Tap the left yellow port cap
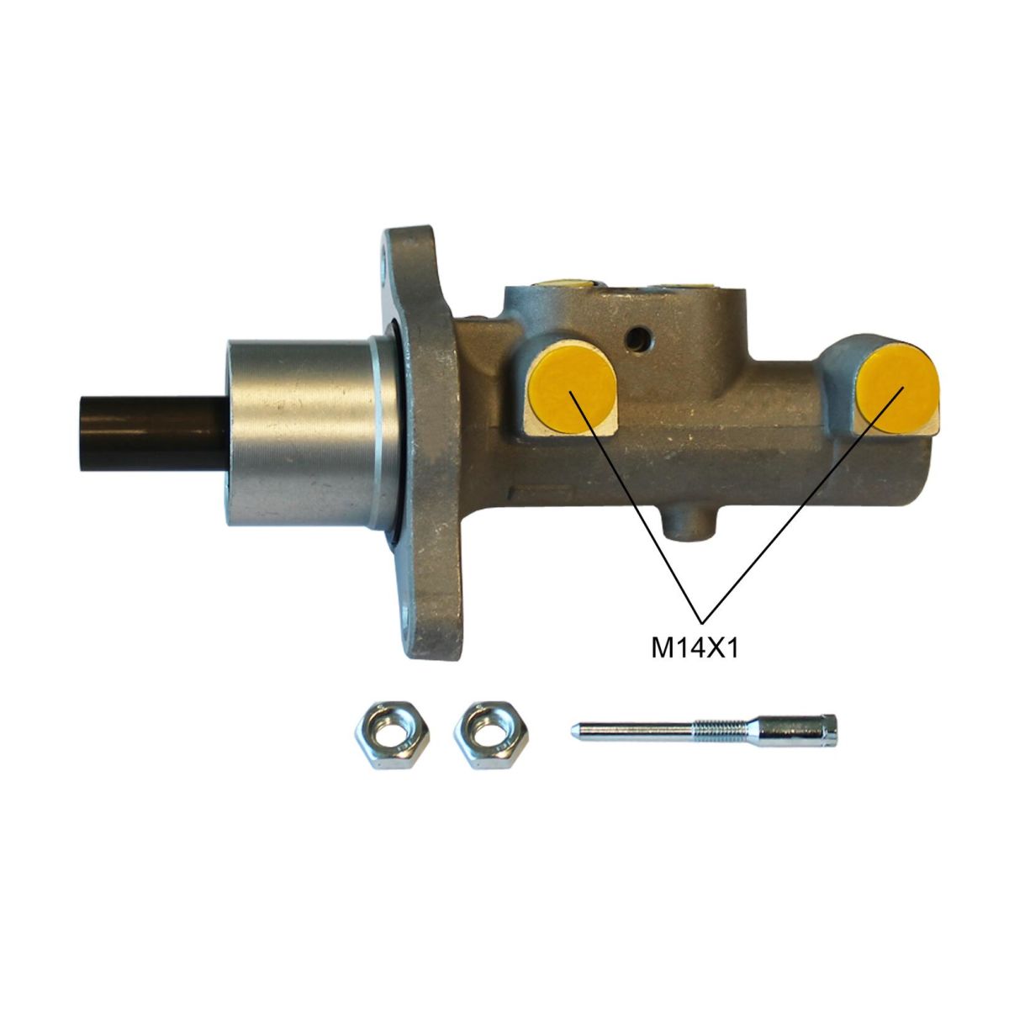[573, 392]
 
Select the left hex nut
[392, 735]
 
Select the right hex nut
[491, 735]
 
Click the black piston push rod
[155, 433]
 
